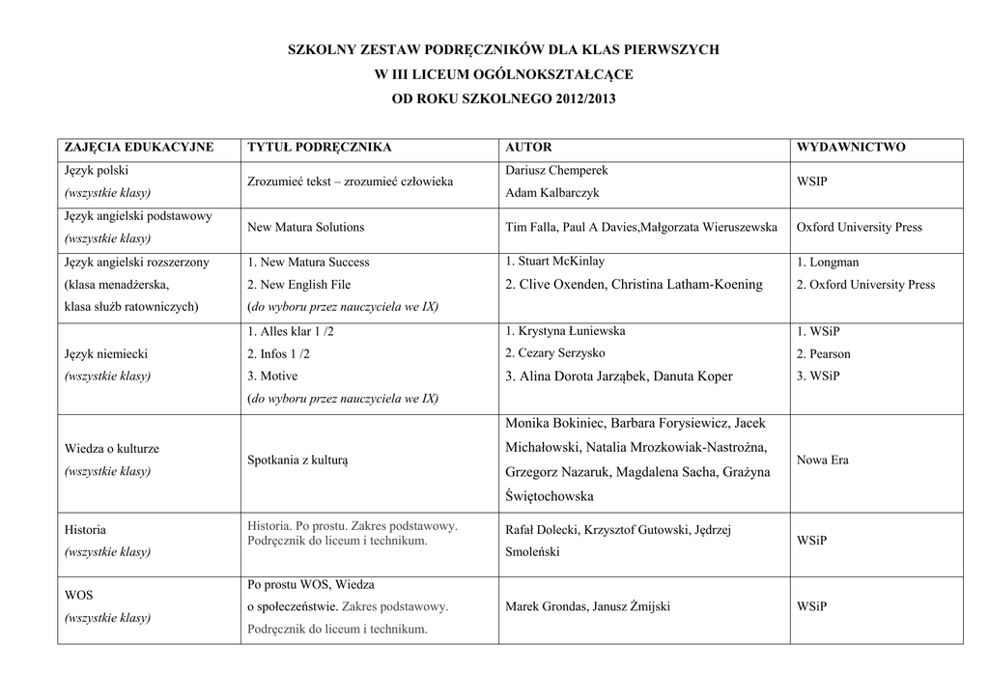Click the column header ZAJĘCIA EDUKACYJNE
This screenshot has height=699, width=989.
[x=138, y=148]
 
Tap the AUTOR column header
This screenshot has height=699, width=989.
[x=529, y=148]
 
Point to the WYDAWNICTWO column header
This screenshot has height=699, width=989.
[x=851, y=148]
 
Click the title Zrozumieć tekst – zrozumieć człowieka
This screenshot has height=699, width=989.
[x=351, y=182]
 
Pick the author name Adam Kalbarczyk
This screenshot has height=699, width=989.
[x=552, y=193]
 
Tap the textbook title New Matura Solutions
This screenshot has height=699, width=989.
[x=306, y=228]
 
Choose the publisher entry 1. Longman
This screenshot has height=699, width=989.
[x=828, y=262]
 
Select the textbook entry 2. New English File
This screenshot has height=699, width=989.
[x=299, y=285]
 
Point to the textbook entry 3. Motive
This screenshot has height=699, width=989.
[x=273, y=376]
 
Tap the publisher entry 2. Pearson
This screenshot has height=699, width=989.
[x=824, y=353]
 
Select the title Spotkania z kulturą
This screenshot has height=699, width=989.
[x=297, y=461]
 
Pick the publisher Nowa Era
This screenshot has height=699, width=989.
[x=823, y=461]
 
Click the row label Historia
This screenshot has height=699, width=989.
[x=86, y=530]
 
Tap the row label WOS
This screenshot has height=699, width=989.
[x=78, y=596]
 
